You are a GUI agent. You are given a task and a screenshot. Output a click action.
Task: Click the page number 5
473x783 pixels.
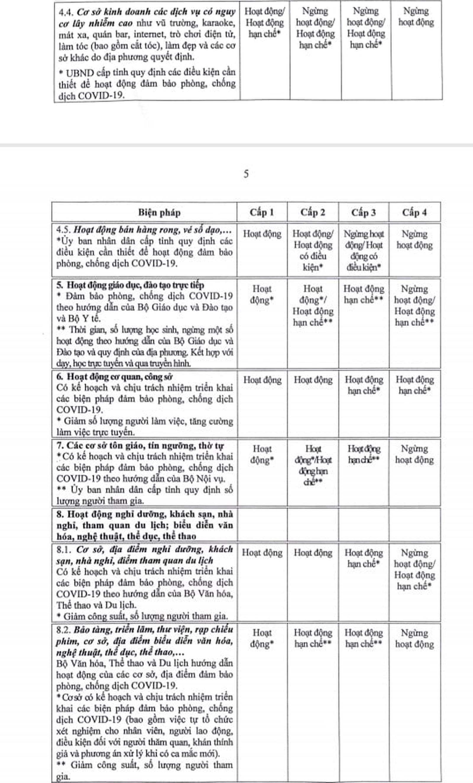pyautogui.click(x=246, y=174)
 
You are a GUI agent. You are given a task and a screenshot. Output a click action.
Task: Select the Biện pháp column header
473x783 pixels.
pyautogui.click(x=159, y=212)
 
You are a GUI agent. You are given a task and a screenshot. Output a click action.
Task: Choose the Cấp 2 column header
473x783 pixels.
pyautogui.click(x=313, y=212)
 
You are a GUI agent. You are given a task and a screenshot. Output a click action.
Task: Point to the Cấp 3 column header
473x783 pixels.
pyautogui.click(x=363, y=212)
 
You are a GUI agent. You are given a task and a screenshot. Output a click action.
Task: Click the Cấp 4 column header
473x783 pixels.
pyautogui.click(x=414, y=212)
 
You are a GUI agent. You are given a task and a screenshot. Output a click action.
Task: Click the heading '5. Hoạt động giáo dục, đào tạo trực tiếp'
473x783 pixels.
pyautogui.click(x=130, y=285)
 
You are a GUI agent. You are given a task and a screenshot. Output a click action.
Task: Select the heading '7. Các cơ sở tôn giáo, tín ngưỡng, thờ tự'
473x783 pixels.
pyautogui.click(x=140, y=446)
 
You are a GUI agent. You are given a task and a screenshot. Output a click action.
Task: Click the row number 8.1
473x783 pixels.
pyautogui.click(x=64, y=549)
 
